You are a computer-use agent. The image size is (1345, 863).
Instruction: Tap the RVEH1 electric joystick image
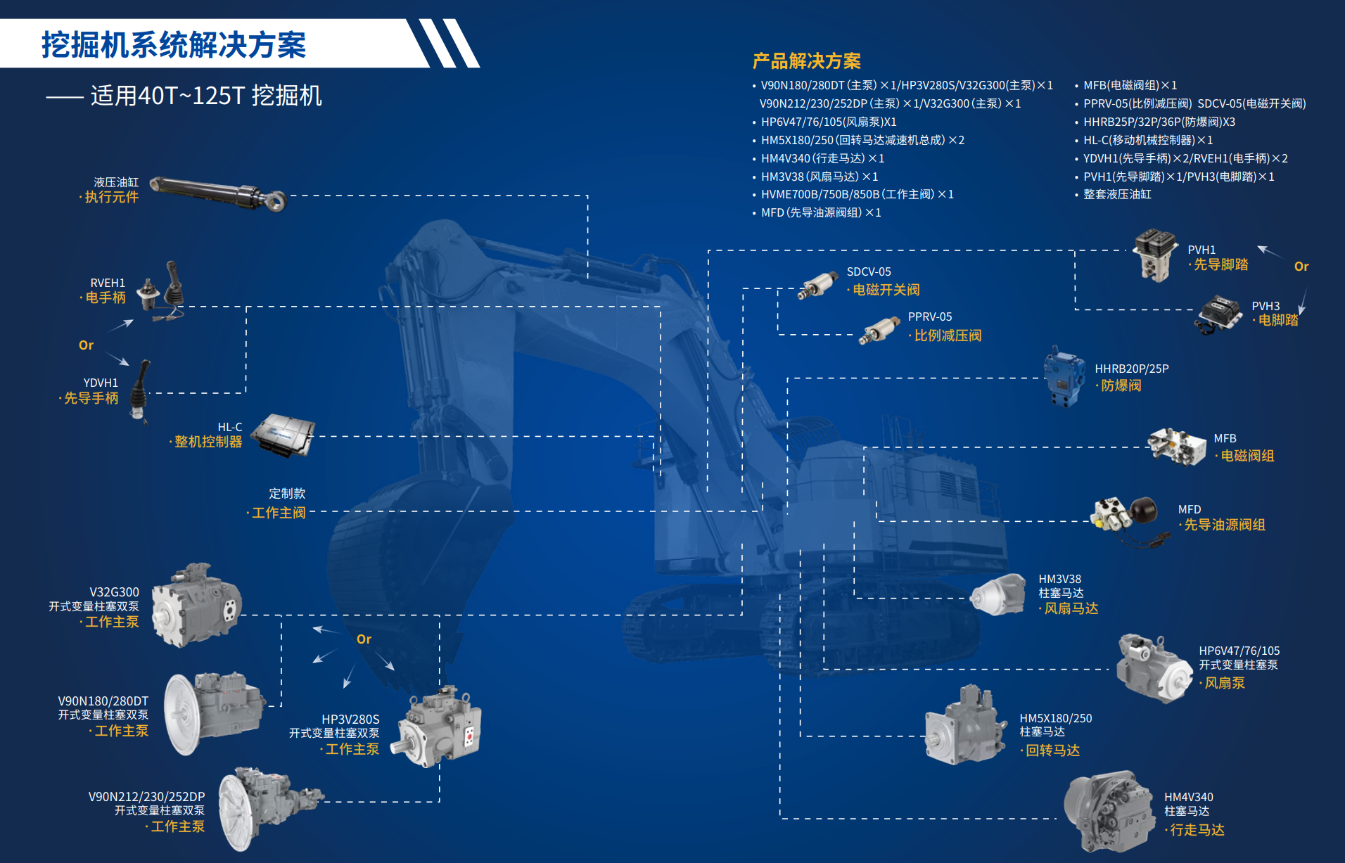point(162,291)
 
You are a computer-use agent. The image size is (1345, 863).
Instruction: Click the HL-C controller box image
point(283,435)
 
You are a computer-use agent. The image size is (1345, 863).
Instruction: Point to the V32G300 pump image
point(197,605)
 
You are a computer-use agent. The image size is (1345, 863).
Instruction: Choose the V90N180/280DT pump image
point(214,712)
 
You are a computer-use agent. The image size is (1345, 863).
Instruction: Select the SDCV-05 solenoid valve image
point(817,286)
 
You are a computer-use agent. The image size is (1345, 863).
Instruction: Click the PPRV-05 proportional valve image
point(879,330)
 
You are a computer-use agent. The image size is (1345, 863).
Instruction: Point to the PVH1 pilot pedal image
point(1154,255)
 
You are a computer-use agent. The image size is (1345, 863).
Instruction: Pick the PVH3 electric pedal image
point(1219,314)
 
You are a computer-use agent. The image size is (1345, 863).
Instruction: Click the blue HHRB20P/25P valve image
point(1064,376)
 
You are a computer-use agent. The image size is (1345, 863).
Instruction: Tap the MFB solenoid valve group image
point(1176,446)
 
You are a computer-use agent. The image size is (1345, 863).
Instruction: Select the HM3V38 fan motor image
point(998,594)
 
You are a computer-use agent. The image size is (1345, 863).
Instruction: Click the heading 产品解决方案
point(807,61)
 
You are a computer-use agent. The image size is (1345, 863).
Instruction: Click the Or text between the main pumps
point(364,639)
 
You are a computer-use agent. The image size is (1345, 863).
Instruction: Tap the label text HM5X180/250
point(1056,718)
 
